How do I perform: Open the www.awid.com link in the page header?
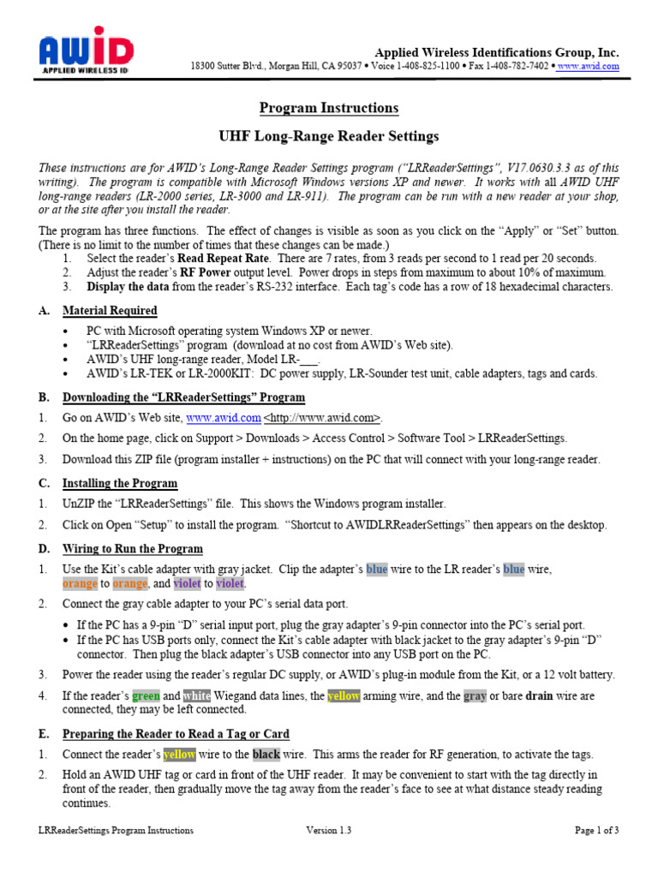(588, 66)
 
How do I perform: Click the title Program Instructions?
(329, 108)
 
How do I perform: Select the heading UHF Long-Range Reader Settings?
(329, 136)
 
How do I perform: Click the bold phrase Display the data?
(128, 287)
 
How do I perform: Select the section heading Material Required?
(110, 311)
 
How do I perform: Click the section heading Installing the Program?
(120, 483)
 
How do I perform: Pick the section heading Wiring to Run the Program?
(133, 549)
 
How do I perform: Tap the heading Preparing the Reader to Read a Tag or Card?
(176, 734)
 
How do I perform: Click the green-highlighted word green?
(146, 696)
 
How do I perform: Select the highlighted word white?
(196, 696)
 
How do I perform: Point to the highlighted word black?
(266, 755)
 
